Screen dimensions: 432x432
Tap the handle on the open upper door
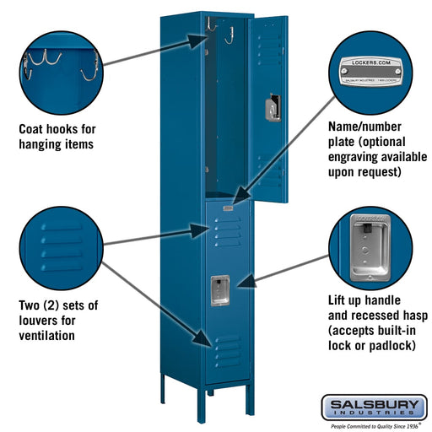point(270,108)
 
